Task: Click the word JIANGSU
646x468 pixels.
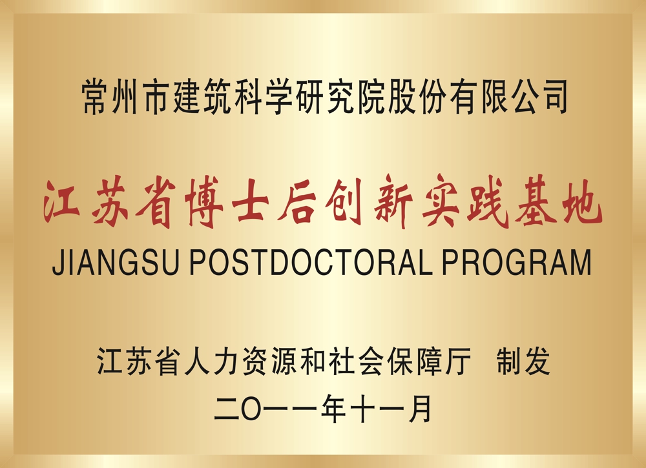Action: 116,262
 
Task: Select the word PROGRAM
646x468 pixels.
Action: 517,262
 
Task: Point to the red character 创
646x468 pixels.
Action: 344,201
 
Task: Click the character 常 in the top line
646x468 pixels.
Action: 95,97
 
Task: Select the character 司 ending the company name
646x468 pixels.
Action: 554,97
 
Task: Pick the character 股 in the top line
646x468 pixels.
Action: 402,97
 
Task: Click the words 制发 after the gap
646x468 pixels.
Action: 523,361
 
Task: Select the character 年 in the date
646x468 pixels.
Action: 333,409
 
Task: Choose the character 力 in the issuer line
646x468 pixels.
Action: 225,361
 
